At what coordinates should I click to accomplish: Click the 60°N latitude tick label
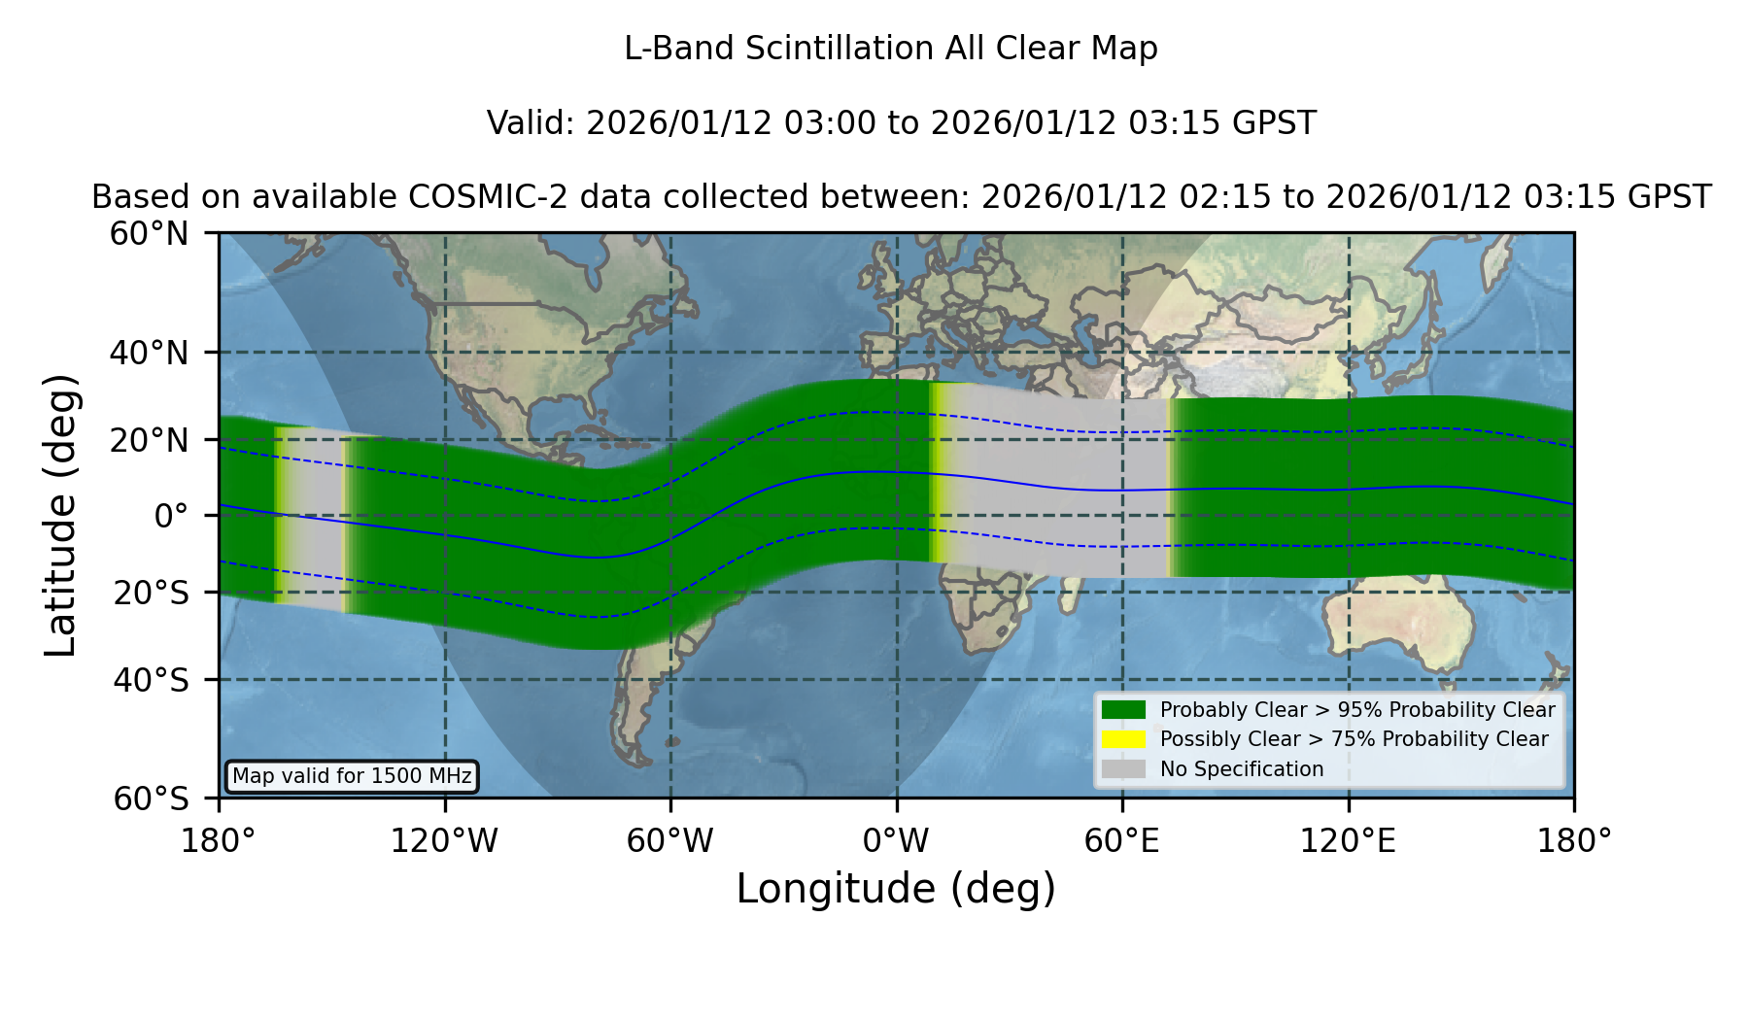[150, 234]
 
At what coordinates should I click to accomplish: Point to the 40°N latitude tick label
[150, 353]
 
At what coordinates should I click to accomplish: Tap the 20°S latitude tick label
[152, 593]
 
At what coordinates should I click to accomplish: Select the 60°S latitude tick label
[152, 799]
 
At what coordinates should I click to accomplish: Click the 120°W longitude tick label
[445, 841]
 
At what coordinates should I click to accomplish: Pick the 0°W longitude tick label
[897, 841]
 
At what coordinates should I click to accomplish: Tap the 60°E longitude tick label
[1122, 841]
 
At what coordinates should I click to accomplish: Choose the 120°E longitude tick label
[1349, 841]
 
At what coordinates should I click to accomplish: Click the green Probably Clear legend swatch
[1124, 709]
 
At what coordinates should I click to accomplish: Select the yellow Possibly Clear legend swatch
[1124, 739]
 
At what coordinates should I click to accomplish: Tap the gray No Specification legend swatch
[1124, 769]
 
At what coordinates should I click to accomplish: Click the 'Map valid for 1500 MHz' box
[352, 776]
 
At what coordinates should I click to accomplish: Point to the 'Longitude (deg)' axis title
[896, 889]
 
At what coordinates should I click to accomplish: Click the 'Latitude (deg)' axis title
[61, 515]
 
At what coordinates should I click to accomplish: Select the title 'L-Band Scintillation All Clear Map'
[891, 49]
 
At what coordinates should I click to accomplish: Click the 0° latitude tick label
[171, 516]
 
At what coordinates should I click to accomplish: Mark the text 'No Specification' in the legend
[1242, 769]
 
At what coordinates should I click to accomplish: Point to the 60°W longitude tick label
[670, 841]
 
